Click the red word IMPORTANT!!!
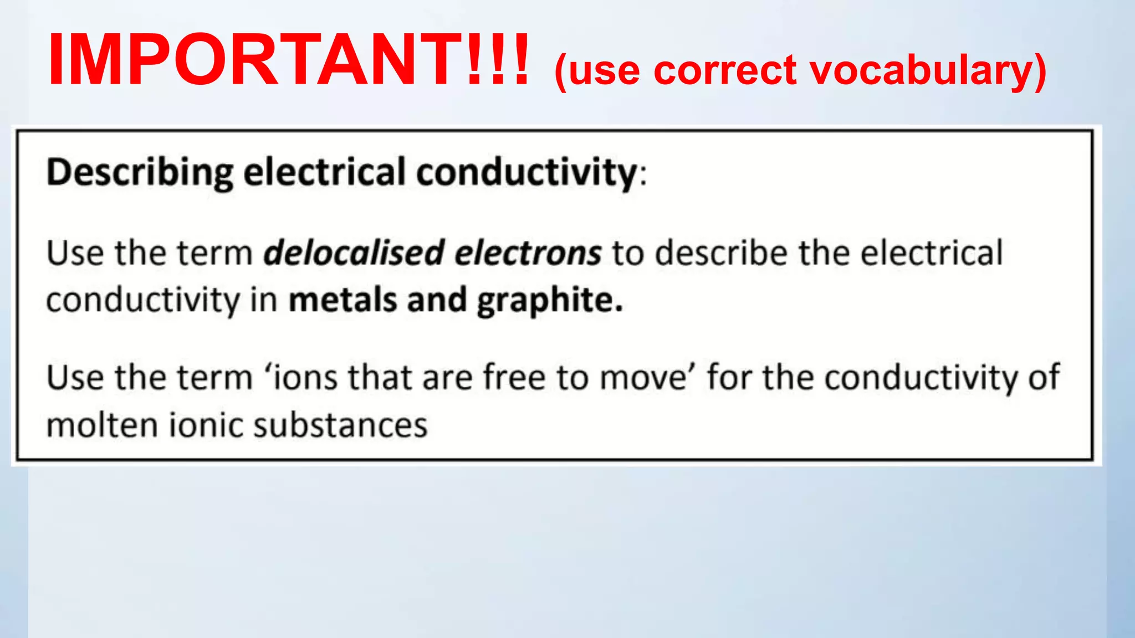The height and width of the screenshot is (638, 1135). point(288,60)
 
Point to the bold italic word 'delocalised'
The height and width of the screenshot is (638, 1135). point(355,253)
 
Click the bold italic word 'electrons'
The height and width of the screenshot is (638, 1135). point(528,253)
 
